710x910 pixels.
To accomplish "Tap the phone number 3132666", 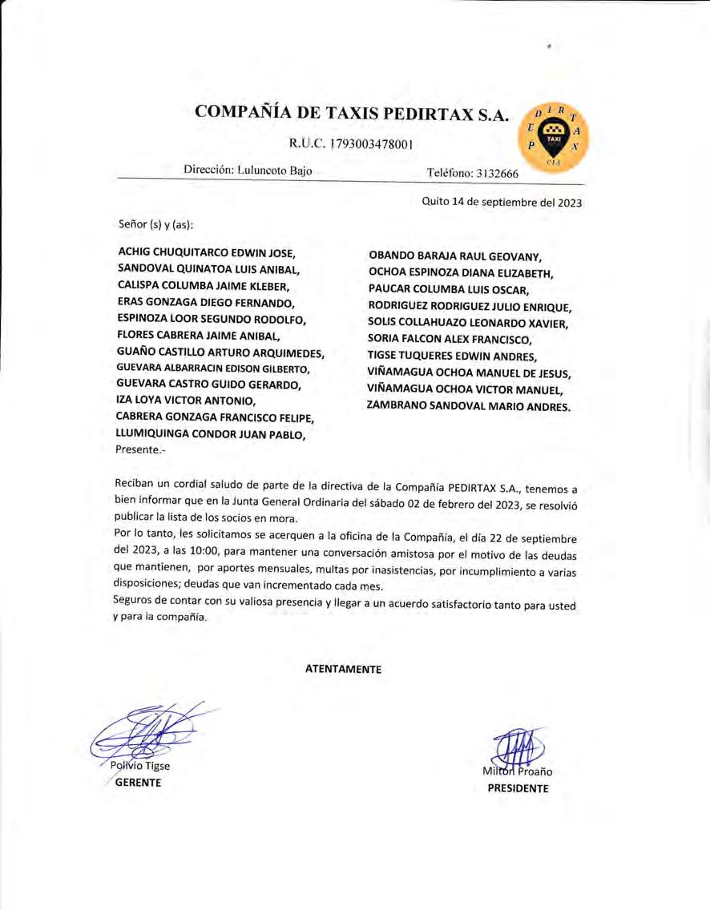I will point(492,174).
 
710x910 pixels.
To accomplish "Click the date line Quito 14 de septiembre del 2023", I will point(502,202).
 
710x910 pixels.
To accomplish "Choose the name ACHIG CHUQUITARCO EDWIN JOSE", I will point(207,252).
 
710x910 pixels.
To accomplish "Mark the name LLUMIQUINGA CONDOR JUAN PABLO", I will point(211,434).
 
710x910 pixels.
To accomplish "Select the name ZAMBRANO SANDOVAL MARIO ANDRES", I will point(469,405).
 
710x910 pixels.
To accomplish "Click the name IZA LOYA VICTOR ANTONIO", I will point(186,400).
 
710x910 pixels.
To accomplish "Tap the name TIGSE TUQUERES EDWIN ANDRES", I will point(452,356).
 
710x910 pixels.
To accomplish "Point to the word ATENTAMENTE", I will point(343,668).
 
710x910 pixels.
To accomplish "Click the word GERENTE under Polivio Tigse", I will point(138,782).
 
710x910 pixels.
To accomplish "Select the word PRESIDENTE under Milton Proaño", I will point(518,787).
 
